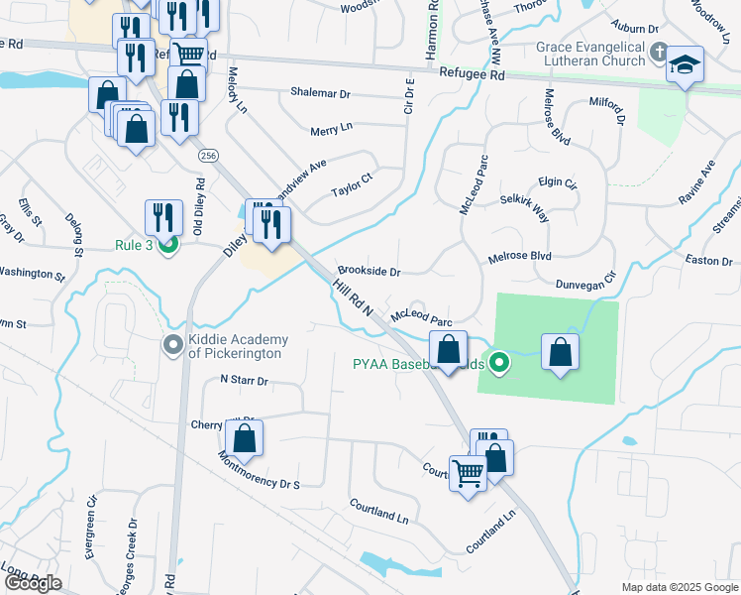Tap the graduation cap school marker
(685, 65)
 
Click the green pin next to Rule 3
(168, 245)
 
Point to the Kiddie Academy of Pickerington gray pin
(172, 345)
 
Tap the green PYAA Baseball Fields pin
(500, 362)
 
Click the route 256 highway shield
(207, 156)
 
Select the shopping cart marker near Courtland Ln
(468, 471)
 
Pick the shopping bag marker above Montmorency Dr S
(244, 437)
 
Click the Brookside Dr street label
(369, 271)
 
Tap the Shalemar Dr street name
(320, 93)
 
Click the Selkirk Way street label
(525, 208)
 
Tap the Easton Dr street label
(707, 260)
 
